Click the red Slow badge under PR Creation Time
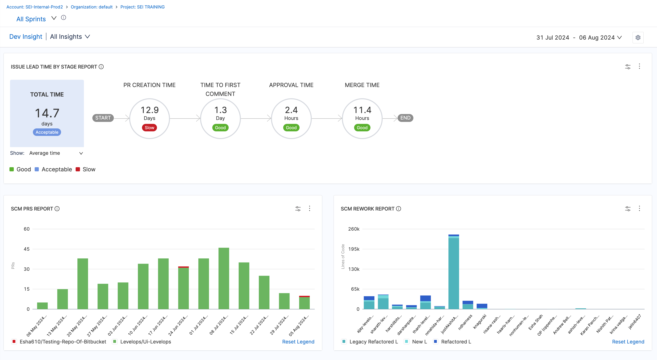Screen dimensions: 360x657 (149, 128)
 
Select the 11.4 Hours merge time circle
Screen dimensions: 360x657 (362, 119)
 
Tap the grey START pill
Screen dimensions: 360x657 (103, 118)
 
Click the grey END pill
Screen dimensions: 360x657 (405, 118)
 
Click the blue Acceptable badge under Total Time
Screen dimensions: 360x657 (47, 132)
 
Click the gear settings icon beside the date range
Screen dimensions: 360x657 (638, 37)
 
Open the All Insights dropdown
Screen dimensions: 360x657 (70, 37)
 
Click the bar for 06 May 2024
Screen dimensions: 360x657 (42, 305)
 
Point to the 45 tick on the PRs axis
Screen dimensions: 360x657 (27, 249)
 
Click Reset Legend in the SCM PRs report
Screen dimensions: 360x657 (298, 342)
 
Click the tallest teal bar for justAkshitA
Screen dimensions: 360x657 (454, 273)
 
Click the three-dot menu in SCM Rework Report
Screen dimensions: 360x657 (639, 209)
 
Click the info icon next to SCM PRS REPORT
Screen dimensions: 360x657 (57, 209)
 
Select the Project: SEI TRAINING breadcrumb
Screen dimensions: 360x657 (142, 7)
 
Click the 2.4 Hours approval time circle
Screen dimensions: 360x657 (291, 119)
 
